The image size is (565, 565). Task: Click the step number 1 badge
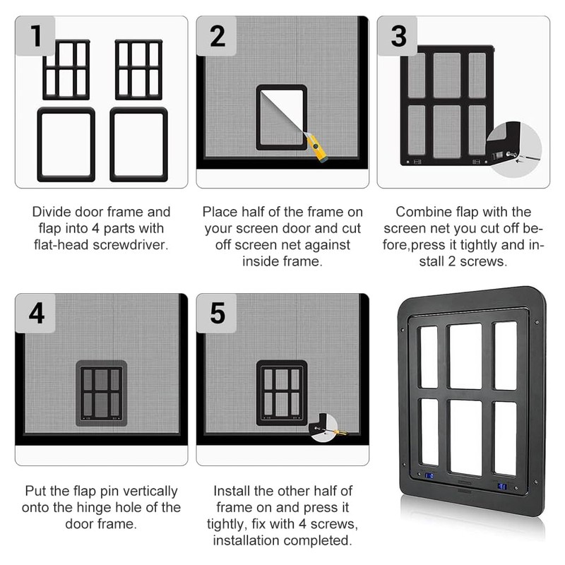[x=35, y=36]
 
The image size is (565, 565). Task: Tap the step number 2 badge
[x=216, y=36]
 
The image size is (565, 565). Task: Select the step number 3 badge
[x=397, y=36]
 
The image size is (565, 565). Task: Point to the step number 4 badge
[x=35, y=313]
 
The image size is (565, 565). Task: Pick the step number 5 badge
[x=216, y=313]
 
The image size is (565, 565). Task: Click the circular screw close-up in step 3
[x=513, y=150]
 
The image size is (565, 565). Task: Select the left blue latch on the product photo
[x=429, y=476]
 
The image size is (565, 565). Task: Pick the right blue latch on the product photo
[x=502, y=487]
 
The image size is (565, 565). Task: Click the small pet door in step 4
[x=101, y=393]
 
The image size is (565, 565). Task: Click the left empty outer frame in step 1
[x=66, y=144]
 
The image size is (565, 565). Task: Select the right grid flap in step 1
[x=138, y=69]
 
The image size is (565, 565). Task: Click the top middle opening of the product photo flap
[x=465, y=356]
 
